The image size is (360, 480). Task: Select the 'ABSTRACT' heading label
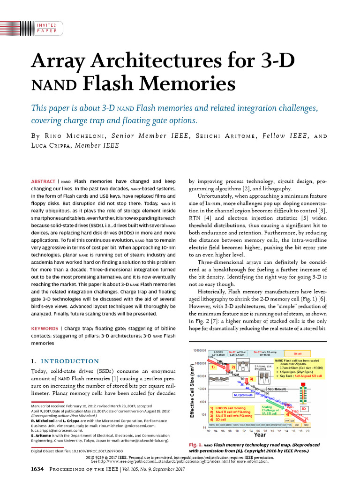click(43, 181)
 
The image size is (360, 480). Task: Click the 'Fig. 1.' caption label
click(195, 445)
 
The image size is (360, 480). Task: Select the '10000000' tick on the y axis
click(200, 350)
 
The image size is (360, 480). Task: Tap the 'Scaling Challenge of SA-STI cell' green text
click(271, 411)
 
